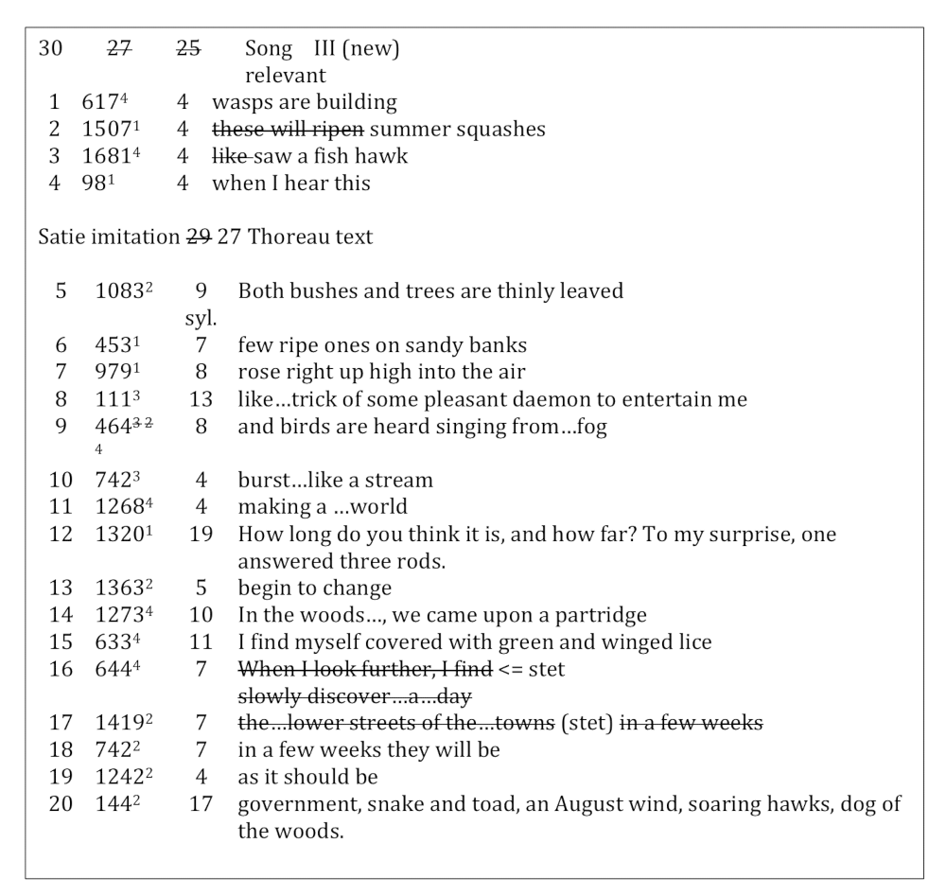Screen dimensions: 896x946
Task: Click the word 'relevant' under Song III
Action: pyautogui.click(x=285, y=75)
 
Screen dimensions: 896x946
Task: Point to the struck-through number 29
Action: pyautogui.click(x=199, y=237)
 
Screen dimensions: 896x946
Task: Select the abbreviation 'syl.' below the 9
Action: pyautogui.click(x=200, y=319)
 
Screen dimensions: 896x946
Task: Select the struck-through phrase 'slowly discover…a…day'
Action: pyautogui.click(x=355, y=697)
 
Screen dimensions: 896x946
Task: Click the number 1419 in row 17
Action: pyautogui.click(x=115, y=725)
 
